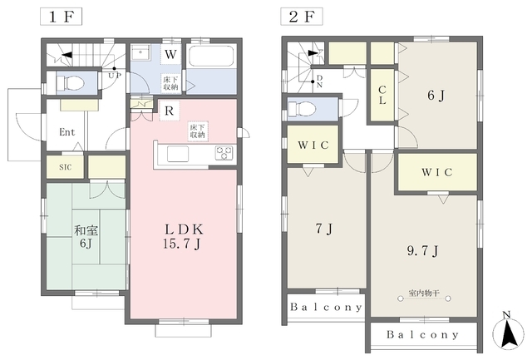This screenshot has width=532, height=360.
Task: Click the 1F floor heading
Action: coord(61,17)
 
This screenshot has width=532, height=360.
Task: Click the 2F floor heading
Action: coord(302,17)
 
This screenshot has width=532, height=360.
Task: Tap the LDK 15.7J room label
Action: coord(183,236)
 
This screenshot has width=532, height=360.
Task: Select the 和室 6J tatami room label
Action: coord(86,236)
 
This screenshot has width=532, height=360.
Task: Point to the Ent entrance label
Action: coord(67,131)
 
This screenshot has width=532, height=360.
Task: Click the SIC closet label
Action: coord(65,167)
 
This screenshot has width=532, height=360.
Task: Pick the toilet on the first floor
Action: coord(70,82)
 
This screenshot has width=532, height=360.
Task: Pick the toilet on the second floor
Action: coord(302,109)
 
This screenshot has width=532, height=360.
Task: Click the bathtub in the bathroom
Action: coord(211,56)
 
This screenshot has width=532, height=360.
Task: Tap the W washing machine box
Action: coord(170,54)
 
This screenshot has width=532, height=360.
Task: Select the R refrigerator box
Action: coord(169,111)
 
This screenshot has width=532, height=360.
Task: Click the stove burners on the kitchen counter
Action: coord(224,153)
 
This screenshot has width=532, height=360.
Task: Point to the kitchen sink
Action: coord(178,154)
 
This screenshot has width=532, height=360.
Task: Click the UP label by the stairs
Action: coord(115,76)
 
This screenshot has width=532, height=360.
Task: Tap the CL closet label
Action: coord(382,95)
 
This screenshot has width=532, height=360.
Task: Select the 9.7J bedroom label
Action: coord(422,251)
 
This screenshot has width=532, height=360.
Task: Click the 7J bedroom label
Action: coord(324,229)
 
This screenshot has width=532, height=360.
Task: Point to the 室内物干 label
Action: coord(424,293)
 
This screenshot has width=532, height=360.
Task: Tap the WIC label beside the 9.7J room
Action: coord(437,172)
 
